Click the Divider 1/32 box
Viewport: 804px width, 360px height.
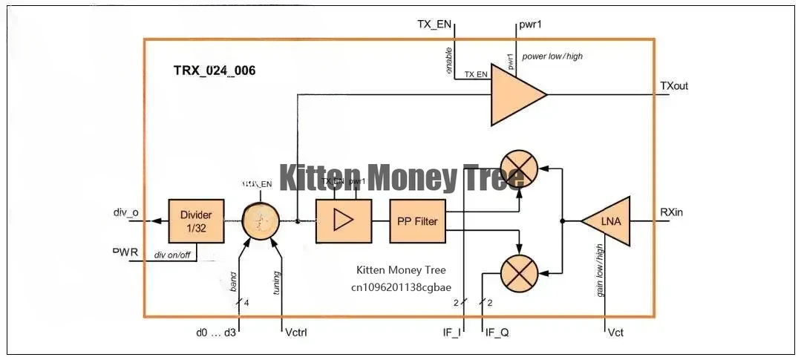(196, 221)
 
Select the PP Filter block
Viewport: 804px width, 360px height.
(418, 221)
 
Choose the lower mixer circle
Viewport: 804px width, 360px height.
(519, 272)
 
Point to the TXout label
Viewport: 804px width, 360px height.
(674, 86)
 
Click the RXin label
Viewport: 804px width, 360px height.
(671, 212)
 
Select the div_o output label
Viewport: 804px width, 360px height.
(125, 213)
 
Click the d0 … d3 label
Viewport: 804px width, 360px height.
(216, 332)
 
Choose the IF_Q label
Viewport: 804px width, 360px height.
(497, 332)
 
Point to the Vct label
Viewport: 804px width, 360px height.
(615, 332)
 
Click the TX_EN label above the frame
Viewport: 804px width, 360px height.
(434, 24)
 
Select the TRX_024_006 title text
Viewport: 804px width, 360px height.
(215, 71)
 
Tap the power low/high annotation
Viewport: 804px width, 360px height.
(552, 56)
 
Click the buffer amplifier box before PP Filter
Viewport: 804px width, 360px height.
(343, 221)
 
